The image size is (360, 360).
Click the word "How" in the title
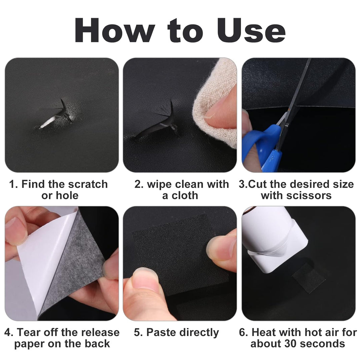(x=115, y=31)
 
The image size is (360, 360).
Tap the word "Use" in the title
(x=251, y=31)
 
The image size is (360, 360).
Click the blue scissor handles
(x=264, y=147)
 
